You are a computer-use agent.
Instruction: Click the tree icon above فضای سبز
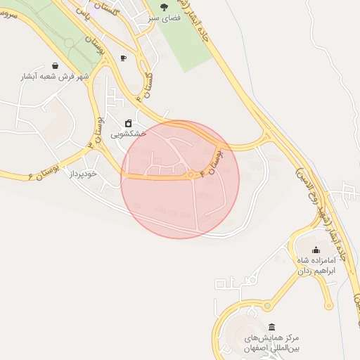point(164,7)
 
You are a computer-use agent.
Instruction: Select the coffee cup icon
point(124,58)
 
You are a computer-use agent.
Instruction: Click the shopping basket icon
point(56,65)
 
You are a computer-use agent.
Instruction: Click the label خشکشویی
point(129,133)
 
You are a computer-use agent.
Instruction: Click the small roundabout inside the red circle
point(191,174)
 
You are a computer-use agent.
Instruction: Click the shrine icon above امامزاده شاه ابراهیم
point(315,250)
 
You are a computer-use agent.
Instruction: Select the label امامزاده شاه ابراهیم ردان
point(317,264)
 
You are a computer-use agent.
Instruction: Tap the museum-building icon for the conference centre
point(271,328)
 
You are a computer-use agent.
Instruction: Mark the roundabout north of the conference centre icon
point(267,306)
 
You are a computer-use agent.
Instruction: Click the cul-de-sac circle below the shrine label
point(328,306)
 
